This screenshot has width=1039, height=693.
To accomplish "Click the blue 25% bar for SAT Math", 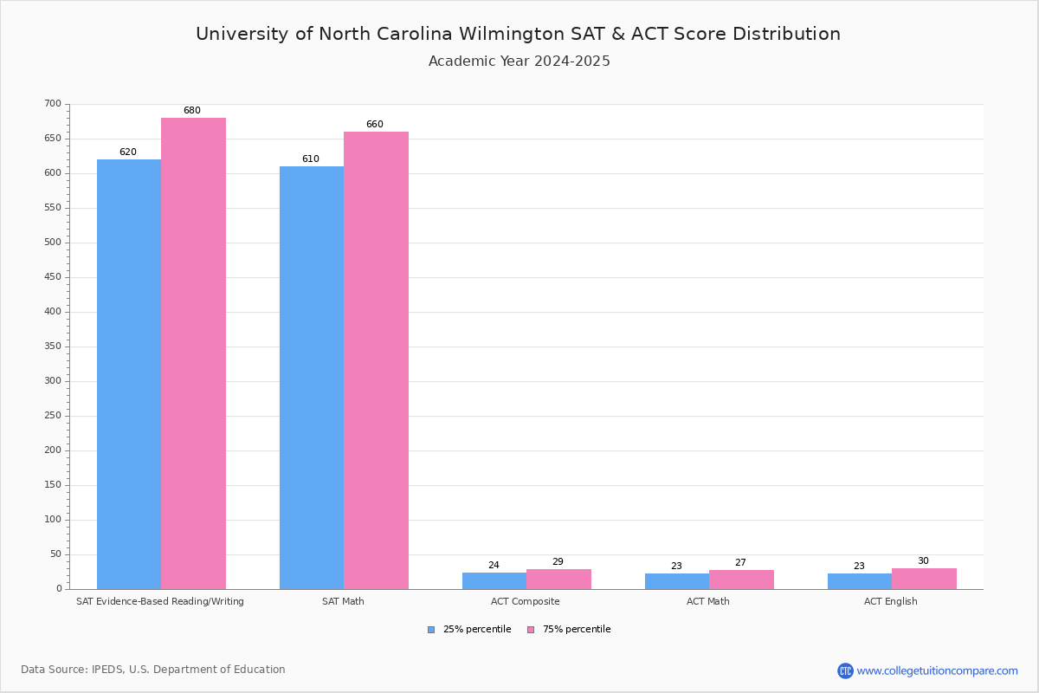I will point(312,378).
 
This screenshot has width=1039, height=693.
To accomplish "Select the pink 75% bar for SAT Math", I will point(376,360).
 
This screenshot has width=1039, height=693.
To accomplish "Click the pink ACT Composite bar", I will point(558,579).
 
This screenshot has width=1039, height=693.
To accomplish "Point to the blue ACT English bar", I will point(860,581).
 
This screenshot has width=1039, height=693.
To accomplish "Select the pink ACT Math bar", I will point(741,580).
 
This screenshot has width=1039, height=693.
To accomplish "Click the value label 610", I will point(310,159).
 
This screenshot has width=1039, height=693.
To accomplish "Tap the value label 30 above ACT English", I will point(923,561).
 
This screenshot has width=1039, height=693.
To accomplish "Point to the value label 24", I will point(494,566).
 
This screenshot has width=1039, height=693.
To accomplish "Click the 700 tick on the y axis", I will point(53,104).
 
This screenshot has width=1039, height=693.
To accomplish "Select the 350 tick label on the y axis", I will point(53,346).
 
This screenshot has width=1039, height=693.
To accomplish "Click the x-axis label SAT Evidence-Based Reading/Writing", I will point(160,601).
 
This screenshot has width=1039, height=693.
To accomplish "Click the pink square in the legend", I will point(531,630).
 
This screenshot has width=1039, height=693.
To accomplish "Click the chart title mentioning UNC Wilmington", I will point(518,34).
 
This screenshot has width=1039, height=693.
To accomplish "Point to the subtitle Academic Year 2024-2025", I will point(519,62).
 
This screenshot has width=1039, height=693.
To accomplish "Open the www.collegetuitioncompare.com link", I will point(937,670).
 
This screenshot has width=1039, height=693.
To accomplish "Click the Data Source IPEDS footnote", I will point(153,670).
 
